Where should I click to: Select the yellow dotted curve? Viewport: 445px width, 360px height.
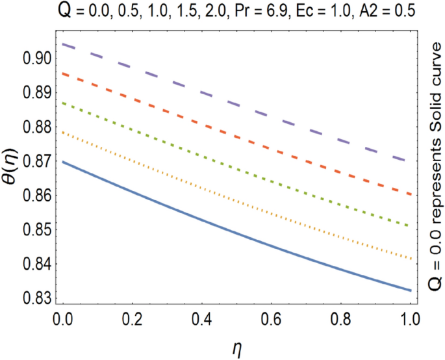[234, 207]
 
